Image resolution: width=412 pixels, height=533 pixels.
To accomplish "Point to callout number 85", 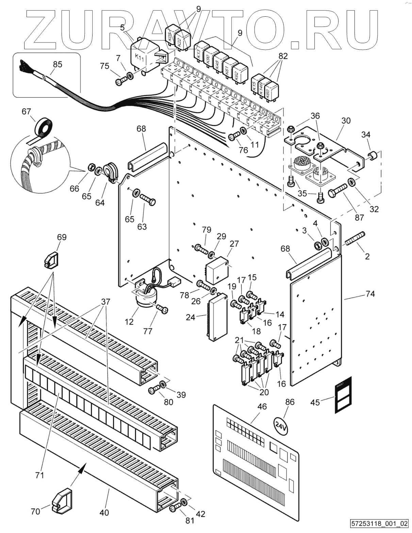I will pos(58,64).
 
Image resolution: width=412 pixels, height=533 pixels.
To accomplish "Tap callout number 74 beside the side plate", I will pos(370,294).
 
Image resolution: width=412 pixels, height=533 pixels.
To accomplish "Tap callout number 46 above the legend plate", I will pos(262,407).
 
